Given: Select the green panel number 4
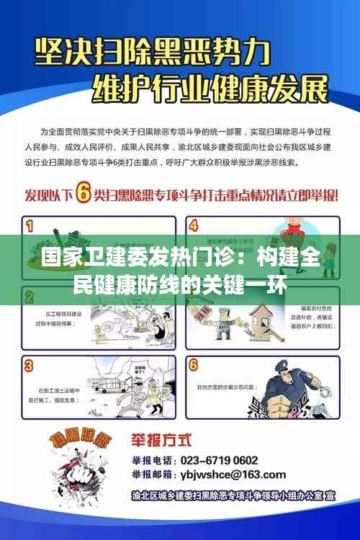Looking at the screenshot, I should [x=193, y=225].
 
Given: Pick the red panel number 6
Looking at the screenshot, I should [x=193, y=366].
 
